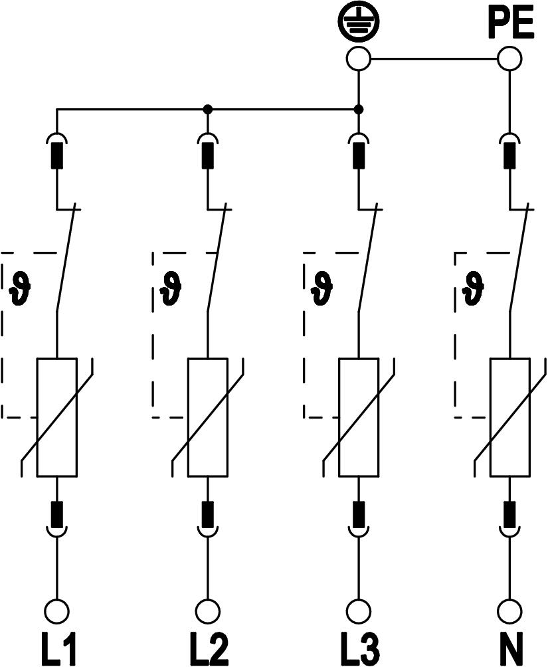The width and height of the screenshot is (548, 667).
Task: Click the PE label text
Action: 510,25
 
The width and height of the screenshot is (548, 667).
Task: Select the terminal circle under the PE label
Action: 510,58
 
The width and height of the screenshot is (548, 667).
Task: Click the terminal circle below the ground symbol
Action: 359,58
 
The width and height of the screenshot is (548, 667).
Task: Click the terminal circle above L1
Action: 57,610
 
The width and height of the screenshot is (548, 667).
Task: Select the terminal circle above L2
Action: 208,610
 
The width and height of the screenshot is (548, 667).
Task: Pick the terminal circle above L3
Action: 359,610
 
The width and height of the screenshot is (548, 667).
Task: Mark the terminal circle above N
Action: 510,610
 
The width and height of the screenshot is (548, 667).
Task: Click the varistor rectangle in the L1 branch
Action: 57,417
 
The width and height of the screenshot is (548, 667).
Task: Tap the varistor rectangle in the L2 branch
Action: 208,417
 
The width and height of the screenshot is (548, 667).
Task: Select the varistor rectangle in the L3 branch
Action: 359,417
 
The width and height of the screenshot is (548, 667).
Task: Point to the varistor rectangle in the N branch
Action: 510,417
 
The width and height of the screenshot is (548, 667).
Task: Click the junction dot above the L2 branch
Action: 208,109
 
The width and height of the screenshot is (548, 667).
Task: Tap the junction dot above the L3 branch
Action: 359,109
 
